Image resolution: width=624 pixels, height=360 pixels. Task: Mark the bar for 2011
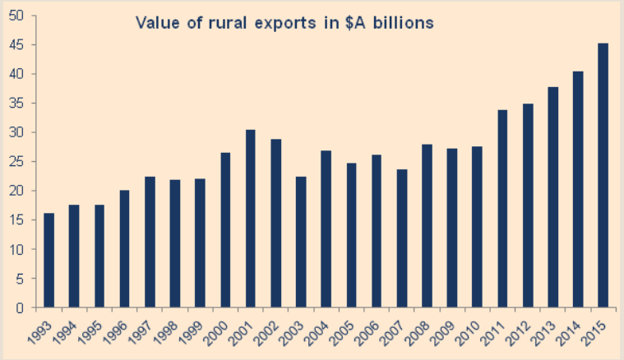click(x=502, y=209)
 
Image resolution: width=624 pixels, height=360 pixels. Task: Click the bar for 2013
click(x=552, y=197)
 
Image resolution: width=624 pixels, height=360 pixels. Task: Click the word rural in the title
click(x=215, y=23)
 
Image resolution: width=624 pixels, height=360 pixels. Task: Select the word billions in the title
click(x=402, y=23)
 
